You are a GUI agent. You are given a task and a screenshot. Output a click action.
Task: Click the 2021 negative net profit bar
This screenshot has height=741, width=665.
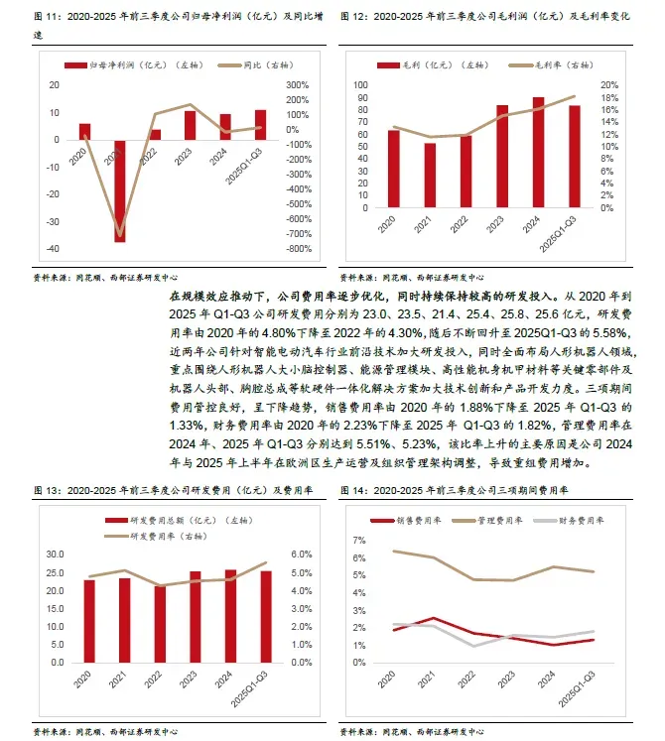coord(120,189)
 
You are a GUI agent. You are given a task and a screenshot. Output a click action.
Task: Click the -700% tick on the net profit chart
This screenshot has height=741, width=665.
coord(300,233)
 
